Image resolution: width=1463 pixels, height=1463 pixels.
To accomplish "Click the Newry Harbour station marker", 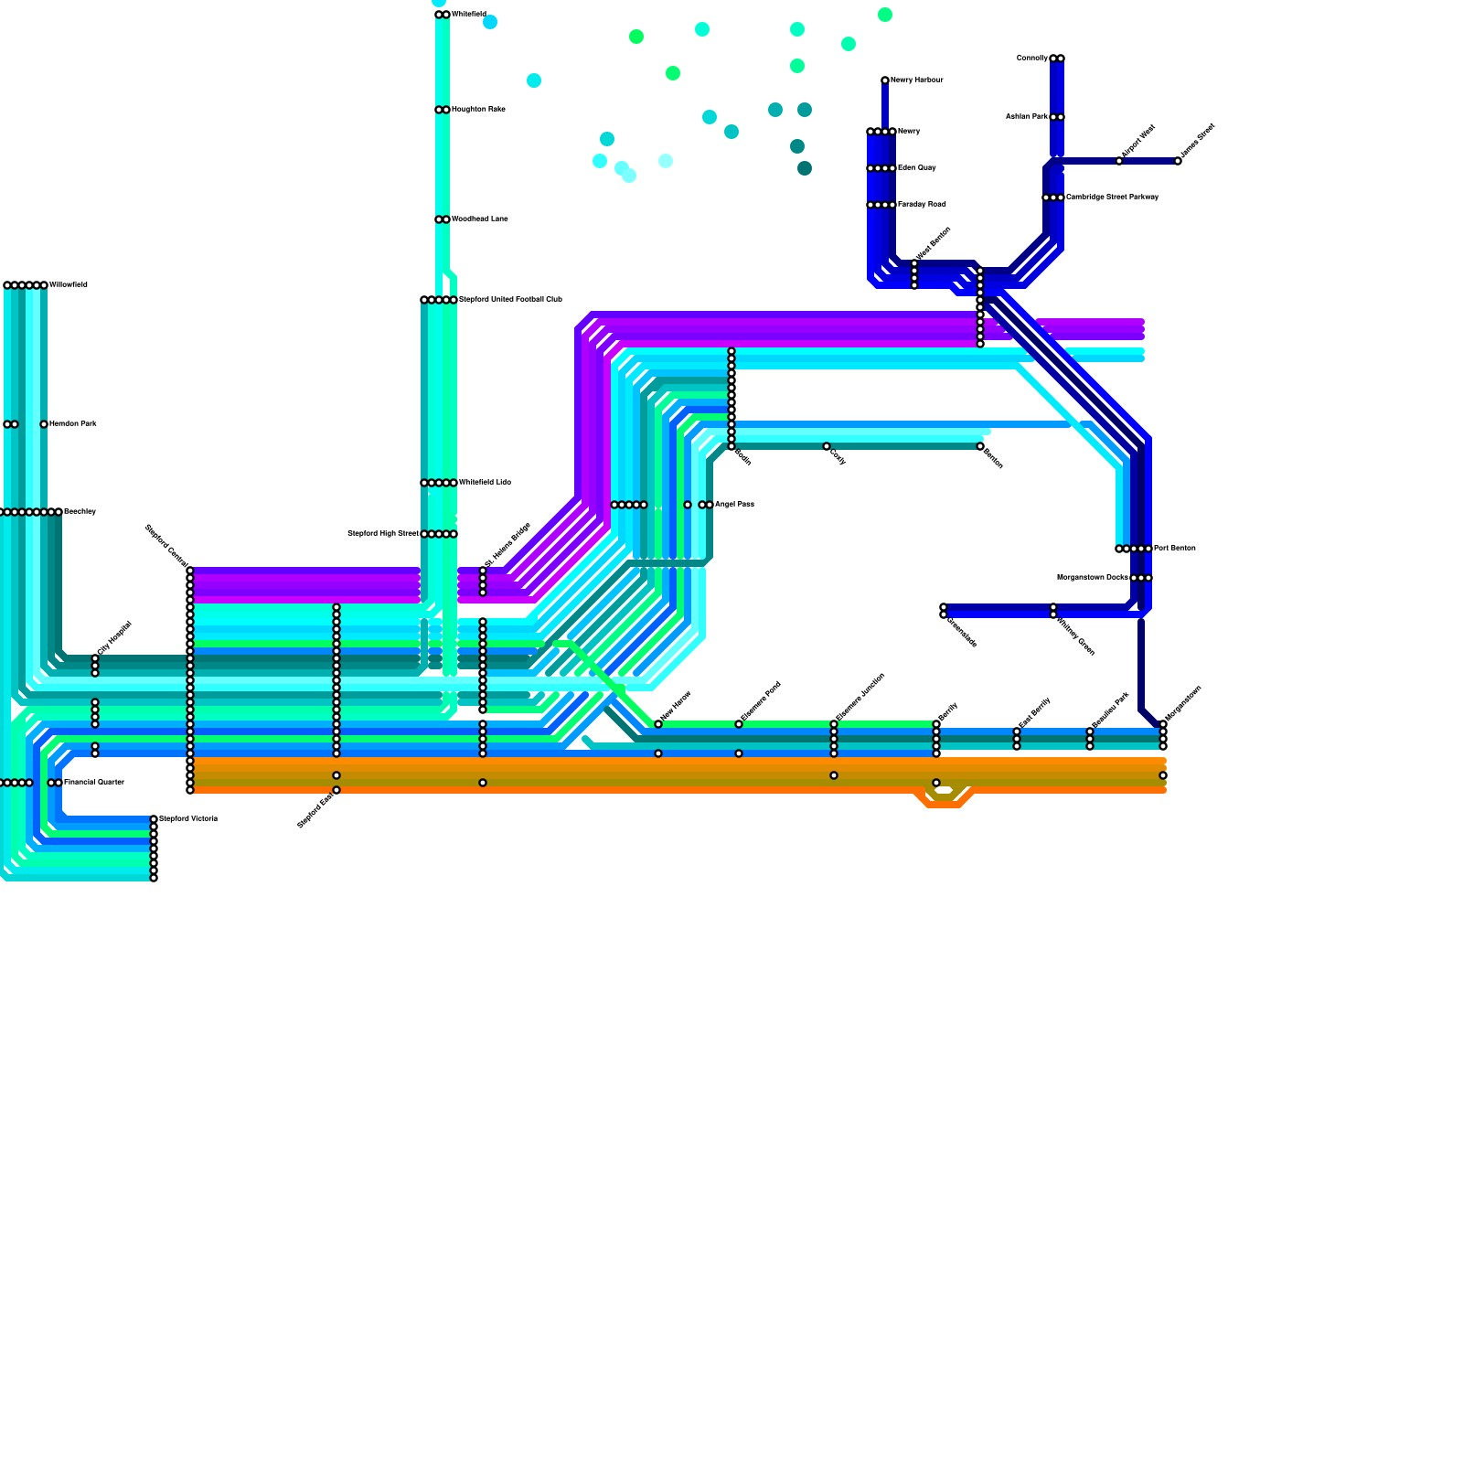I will click(x=885, y=80).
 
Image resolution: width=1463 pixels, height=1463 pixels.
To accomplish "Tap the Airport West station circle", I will click(x=1119, y=161).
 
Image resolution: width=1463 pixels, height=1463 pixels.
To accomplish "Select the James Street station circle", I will click(x=1178, y=161).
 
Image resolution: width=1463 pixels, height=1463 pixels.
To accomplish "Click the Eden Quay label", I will click(x=916, y=168).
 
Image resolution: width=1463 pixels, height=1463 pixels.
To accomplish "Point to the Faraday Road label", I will click(x=922, y=205).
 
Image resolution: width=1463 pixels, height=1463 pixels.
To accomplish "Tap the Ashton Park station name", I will click(x=1026, y=117).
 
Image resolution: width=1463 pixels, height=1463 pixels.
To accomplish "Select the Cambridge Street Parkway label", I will click(x=1112, y=198).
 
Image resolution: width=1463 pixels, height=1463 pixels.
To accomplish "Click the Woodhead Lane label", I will click(x=479, y=219).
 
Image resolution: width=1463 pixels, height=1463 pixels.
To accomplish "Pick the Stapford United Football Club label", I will click(x=510, y=300).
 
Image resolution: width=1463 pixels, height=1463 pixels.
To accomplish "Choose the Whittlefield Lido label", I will click(x=485, y=483).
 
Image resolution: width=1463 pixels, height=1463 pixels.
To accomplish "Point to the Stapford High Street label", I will click(x=383, y=534).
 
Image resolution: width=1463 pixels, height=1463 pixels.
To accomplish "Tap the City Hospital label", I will click(x=114, y=637).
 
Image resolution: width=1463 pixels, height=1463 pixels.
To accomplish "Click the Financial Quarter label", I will click(x=93, y=783).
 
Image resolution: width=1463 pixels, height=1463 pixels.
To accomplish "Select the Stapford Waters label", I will click(x=188, y=819).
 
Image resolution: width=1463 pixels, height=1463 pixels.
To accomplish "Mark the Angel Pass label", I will click(x=734, y=505).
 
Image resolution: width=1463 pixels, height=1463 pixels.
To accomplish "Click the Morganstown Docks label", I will click(x=1092, y=578).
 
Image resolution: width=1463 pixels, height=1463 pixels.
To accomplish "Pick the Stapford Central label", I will click(x=166, y=545).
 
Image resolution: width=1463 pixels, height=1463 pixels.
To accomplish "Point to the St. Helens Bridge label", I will click(x=507, y=545).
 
